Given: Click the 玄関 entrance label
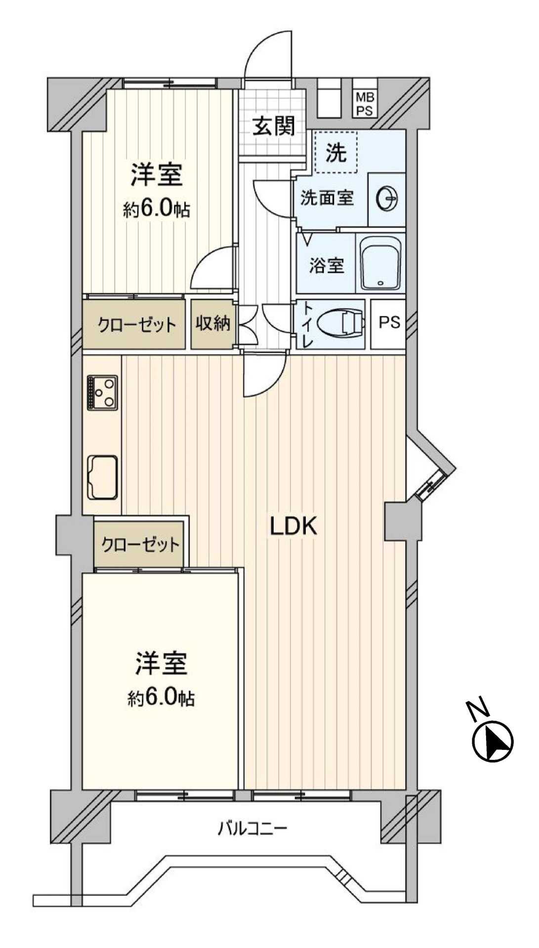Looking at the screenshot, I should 274,126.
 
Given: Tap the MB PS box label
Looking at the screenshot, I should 365,104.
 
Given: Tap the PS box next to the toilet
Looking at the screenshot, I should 389,323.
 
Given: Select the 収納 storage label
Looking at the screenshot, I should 213,323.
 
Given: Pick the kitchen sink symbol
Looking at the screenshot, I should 102,477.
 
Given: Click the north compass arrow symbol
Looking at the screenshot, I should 493,741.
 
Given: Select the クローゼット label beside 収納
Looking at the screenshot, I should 137,325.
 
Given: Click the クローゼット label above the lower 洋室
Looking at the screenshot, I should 140,545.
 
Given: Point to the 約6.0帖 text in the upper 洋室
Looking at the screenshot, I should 156,210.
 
